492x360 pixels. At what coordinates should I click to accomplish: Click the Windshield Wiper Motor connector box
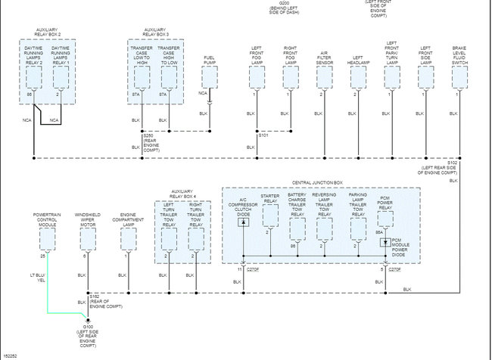(87, 240)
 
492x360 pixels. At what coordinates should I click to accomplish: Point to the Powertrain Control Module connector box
(46, 240)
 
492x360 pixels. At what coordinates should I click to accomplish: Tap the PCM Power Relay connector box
(385, 219)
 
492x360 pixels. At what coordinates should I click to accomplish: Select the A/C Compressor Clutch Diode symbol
(242, 227)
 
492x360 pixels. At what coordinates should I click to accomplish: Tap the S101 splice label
(263, 135)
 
